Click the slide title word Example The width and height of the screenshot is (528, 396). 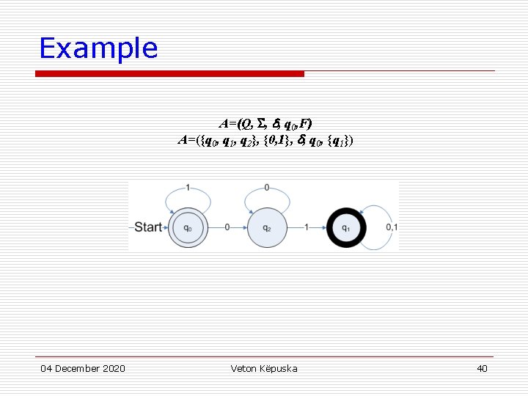click(98, 48)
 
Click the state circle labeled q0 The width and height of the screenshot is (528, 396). click(188, 227)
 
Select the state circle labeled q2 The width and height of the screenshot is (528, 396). click(266, 227)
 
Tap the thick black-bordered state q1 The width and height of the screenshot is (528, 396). click(346, 227)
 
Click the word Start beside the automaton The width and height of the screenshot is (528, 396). click(148, 227)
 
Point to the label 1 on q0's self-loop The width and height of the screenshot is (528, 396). click(188, 188)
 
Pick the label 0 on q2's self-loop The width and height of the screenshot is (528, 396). click(266, 188)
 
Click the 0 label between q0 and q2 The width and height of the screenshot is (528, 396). click(227, 227)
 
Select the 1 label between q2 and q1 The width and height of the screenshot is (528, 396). click(307, 227)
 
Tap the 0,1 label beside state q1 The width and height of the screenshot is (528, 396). click(392, 227)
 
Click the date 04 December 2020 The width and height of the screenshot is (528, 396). click(82, 368)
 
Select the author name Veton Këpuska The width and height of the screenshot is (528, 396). click(264, 368)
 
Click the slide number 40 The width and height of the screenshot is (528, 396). click(482, 368)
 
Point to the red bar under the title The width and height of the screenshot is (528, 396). click(170, 73)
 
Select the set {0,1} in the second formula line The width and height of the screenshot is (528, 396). click(278, 139)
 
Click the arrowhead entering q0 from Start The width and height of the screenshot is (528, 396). click(166, 227)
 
